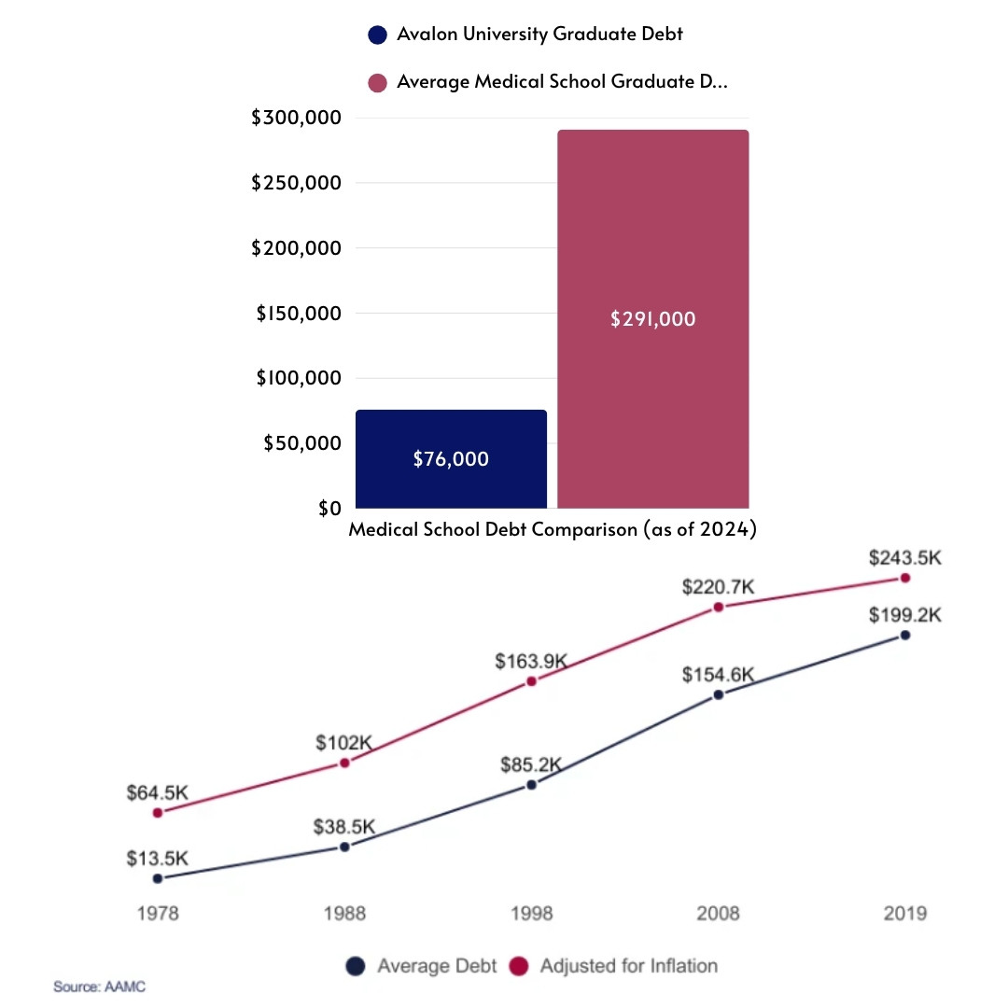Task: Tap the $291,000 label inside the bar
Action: coord(653,319)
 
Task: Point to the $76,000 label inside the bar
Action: coord(451,459)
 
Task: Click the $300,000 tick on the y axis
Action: coord(296,118)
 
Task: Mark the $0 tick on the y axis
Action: coord(329,508)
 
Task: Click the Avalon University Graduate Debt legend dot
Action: coord(377,35)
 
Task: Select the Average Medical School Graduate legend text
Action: coord(562,81)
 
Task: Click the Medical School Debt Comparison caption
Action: coord(552,530)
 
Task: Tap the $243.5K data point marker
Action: coord(904,579)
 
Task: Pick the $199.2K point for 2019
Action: coord(904,636)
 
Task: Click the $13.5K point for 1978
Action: coord(158,878)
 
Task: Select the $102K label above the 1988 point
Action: coord(344,744)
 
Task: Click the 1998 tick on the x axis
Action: coord(531,913)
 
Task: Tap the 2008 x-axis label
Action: coord(718,913)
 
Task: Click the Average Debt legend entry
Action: coord(422,966)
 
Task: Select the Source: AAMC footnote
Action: coord(99,987)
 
